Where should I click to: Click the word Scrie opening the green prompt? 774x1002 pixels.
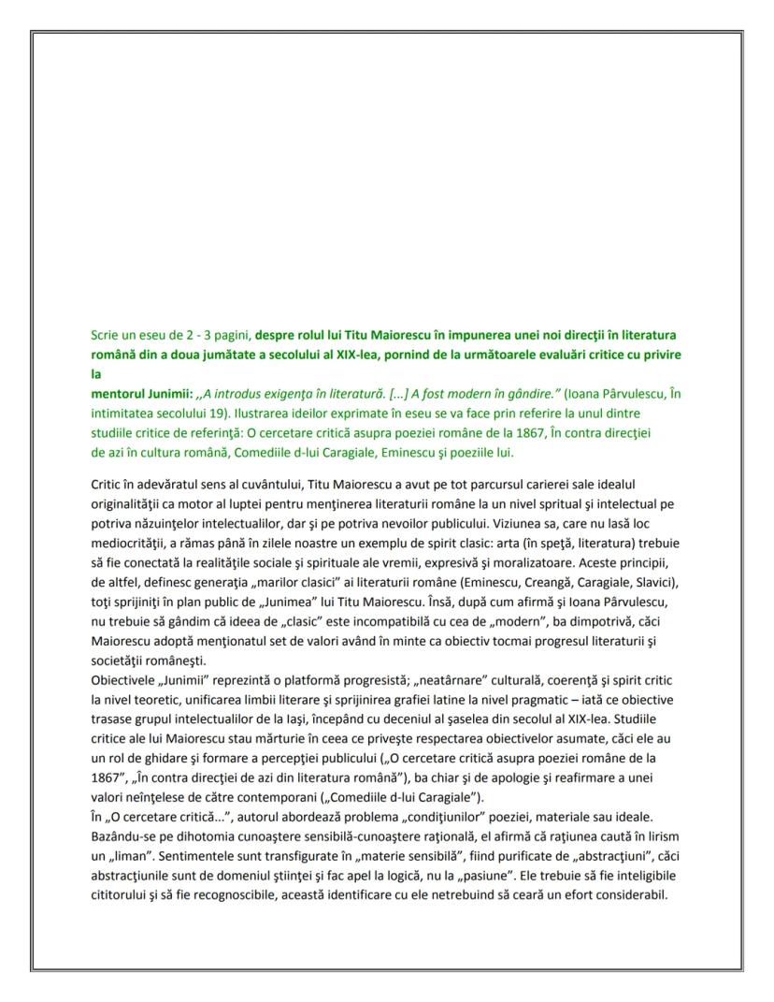[105, 334]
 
